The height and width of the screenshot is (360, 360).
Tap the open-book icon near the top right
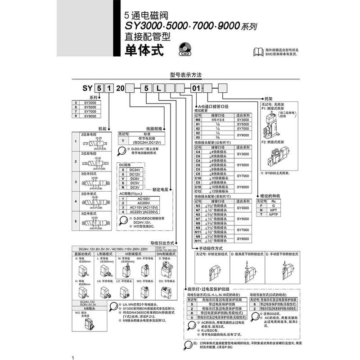257,52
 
